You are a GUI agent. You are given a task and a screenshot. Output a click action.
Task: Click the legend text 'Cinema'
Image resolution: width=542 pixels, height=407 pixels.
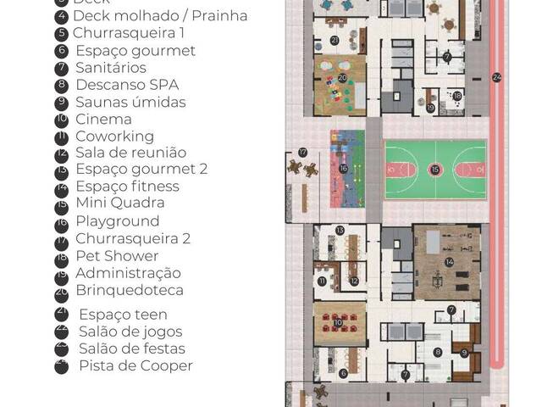103,120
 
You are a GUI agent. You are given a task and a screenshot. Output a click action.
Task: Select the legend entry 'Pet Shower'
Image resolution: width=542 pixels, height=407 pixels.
117,255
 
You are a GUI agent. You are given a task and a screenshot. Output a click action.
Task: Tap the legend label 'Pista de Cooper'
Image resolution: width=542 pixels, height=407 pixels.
135,365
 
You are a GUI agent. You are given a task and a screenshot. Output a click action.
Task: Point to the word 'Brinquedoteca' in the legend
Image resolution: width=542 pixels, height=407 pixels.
130,290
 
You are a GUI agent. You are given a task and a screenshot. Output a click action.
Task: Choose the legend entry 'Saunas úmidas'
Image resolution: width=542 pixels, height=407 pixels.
130,102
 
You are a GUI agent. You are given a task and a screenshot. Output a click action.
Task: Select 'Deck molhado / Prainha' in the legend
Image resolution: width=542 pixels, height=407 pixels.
160,15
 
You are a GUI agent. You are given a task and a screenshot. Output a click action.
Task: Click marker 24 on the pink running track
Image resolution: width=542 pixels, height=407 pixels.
496,78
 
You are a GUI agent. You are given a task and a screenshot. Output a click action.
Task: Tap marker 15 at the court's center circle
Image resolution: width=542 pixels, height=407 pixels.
435,170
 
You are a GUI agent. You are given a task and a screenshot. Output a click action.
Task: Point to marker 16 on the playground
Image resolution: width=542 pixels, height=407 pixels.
344,169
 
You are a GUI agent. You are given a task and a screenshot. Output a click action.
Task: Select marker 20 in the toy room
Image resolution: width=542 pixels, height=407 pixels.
343,77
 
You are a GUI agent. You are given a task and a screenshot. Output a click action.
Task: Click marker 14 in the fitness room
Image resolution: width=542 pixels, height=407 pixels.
450,262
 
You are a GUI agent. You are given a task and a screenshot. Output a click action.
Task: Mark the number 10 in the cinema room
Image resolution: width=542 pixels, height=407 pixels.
339,322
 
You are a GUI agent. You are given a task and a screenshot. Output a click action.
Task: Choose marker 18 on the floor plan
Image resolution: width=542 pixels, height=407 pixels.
457,96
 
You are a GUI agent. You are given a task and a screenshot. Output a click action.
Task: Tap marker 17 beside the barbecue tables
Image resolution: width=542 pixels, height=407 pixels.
302,153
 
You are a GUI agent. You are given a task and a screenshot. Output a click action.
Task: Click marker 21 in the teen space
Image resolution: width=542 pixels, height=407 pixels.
335,40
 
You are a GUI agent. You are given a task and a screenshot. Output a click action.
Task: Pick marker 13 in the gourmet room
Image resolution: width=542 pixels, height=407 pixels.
340,230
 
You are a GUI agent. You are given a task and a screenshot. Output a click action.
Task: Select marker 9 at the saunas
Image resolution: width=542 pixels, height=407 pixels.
465,352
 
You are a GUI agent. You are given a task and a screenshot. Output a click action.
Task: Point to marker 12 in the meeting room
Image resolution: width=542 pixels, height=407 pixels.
354,281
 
